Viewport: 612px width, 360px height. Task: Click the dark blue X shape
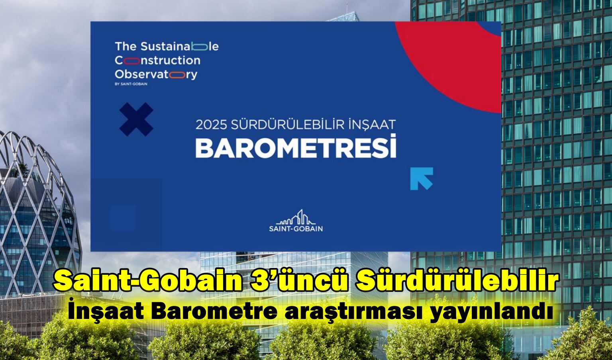click(x=136, y=119)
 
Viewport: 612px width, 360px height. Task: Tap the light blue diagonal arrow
click(x=422, y=179)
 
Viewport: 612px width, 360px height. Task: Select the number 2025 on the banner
click(x=211, y=125)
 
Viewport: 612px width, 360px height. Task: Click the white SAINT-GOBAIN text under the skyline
click(x=296, y=229)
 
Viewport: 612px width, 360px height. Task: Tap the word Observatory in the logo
click(x=156, y=74)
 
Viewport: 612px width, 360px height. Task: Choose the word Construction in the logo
click(x=158, y=61)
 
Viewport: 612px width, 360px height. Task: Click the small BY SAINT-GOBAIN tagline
click(x=131, y=84)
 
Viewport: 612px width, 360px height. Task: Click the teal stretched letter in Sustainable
click(x=199, y=47)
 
